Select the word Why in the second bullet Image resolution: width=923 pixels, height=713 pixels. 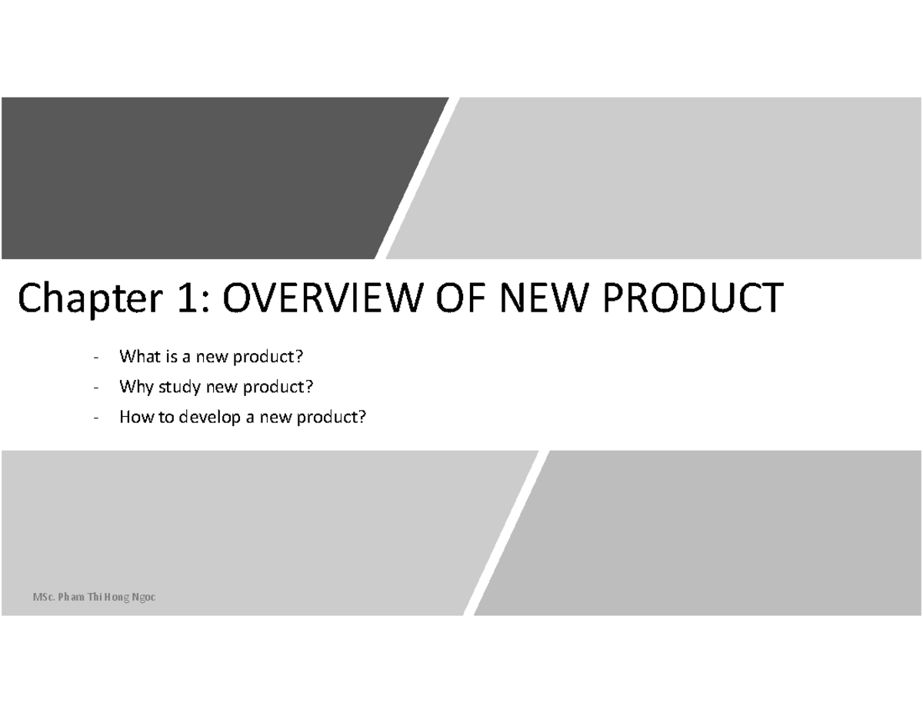[133, 387]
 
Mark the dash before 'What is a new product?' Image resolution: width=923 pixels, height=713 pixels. [95, 358]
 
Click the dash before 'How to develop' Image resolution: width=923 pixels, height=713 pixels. [95, 418]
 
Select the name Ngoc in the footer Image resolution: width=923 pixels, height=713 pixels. [142, 597]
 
